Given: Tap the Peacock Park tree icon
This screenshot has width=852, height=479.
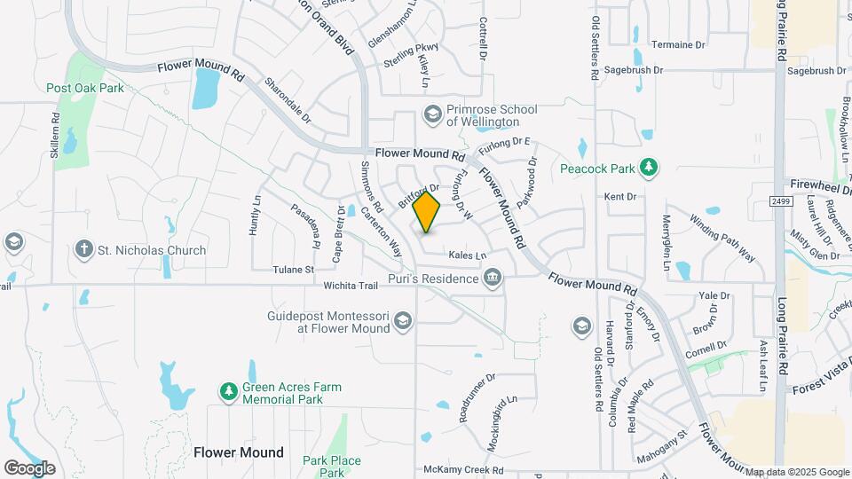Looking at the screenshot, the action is (650, 167).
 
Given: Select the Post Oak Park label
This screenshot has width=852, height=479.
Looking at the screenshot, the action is (85, 88).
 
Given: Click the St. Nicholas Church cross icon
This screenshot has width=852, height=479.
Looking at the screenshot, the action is (84, 250).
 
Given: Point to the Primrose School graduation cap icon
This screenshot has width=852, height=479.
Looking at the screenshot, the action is (432, 114).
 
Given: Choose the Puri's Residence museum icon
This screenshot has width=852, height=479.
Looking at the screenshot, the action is (492, 279).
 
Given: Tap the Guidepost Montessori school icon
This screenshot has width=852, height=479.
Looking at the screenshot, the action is (403, 320).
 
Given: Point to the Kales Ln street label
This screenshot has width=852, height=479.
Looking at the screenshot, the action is (468, 255).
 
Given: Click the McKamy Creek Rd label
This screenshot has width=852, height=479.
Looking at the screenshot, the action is (464, 470).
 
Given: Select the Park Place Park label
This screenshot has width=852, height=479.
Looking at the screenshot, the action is (332, 467).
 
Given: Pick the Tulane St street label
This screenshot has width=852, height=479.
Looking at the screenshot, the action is (293, 269).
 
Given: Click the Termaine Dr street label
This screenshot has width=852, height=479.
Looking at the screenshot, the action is (677, 44).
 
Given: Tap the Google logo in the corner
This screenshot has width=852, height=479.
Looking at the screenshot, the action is (29, 468).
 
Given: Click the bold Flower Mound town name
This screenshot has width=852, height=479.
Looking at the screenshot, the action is (239, 452).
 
